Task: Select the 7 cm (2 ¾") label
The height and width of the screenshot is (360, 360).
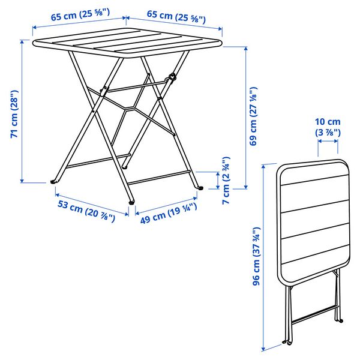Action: pos(226,180)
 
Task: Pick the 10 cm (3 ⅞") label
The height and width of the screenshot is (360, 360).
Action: pos(328,127)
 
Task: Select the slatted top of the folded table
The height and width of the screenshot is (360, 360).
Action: pos(313,216)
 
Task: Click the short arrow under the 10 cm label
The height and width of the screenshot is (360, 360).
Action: pos(328,142)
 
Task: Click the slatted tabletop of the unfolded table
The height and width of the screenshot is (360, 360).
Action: pos(127,46)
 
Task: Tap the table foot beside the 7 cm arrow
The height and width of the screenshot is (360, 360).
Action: pos(200,188)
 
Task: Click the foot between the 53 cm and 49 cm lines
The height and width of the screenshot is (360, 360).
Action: pos(130,203)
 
